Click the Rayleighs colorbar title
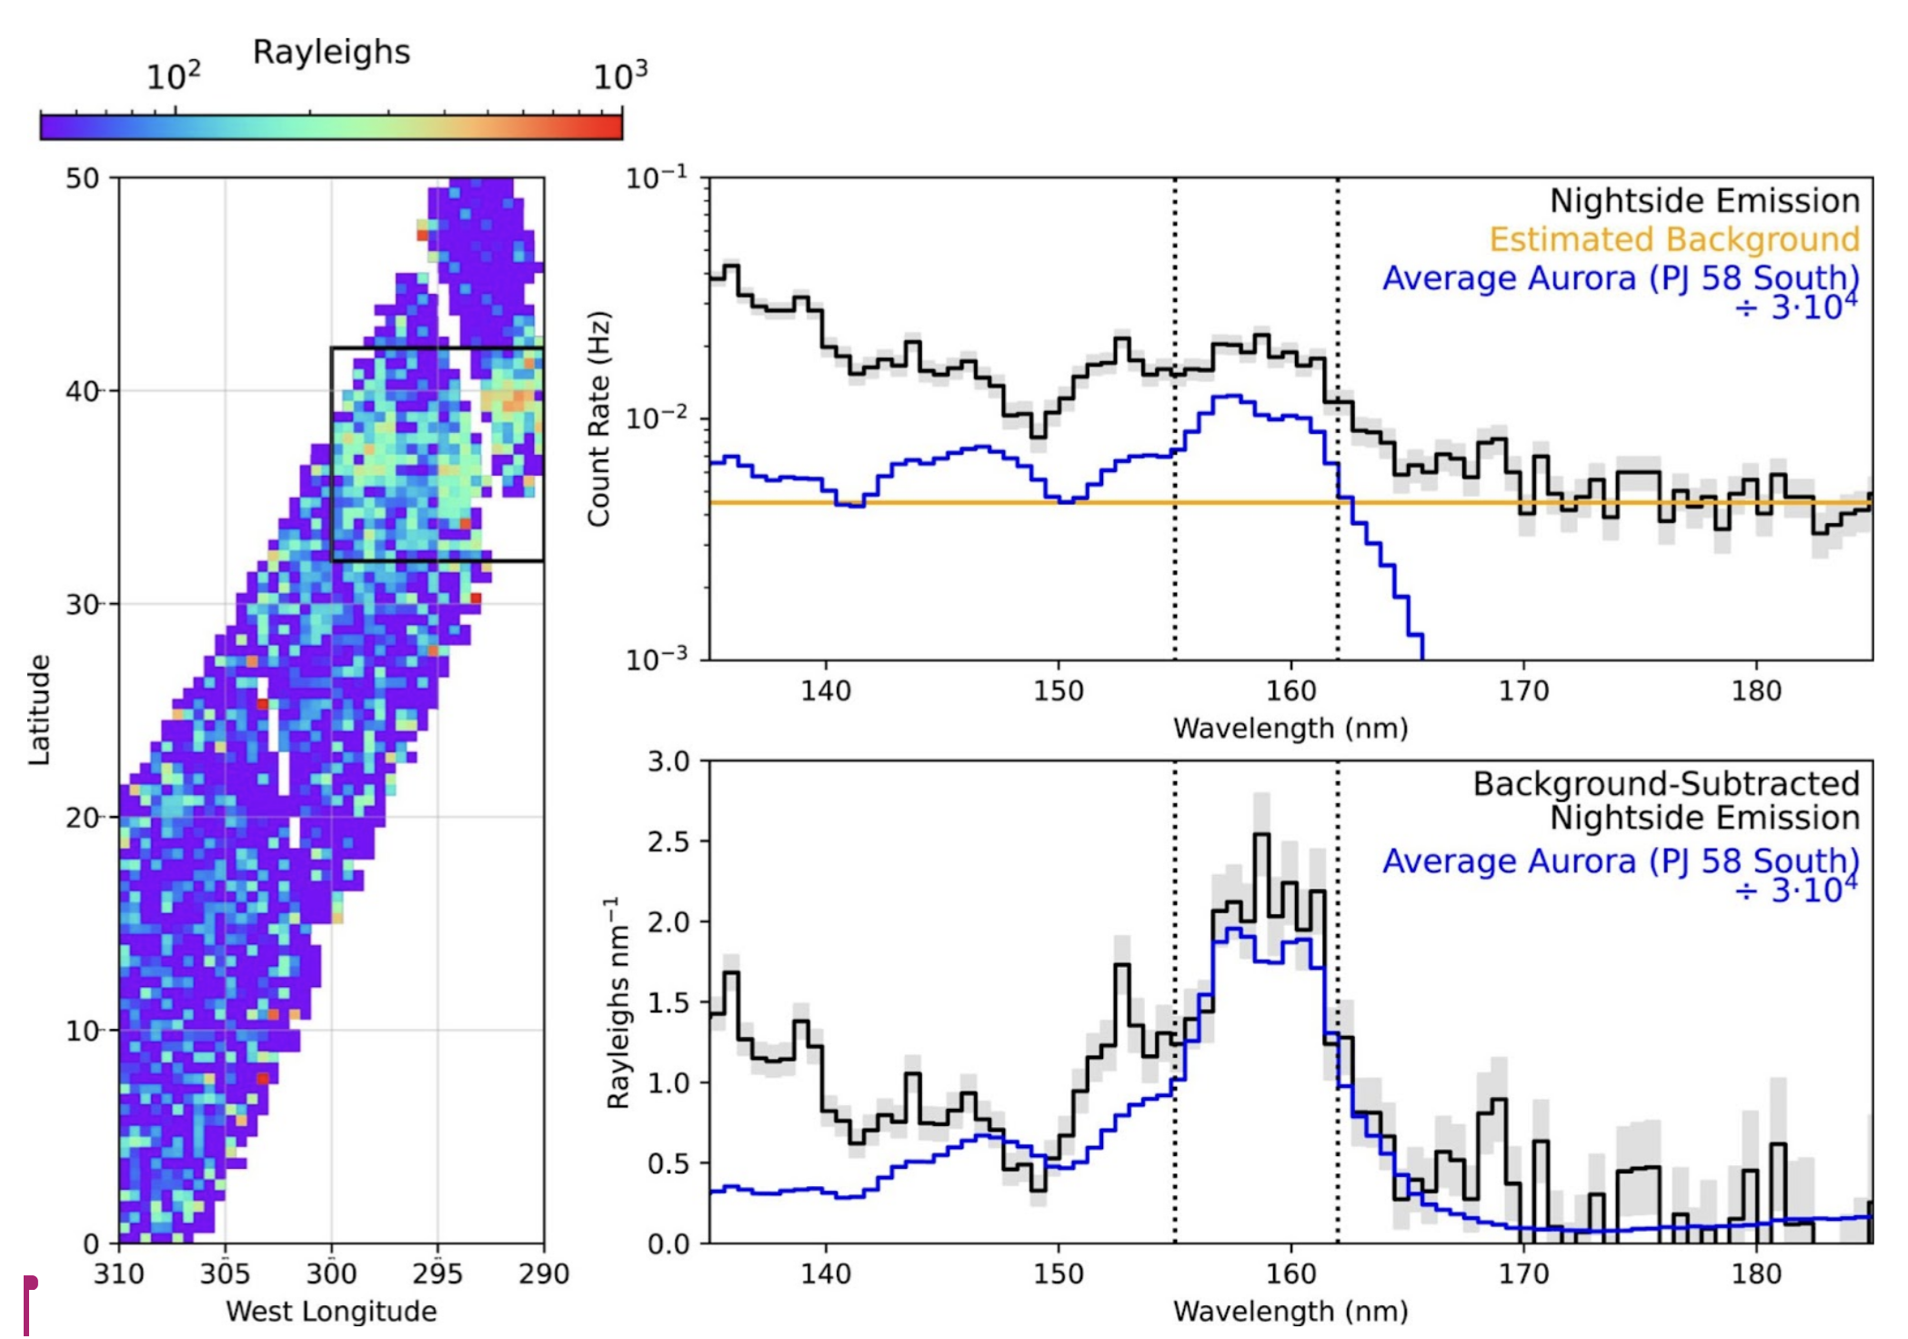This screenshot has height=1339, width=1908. tap(331, 52)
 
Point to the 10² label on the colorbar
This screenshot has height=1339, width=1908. tap(173, 76)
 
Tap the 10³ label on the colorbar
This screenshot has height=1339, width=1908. tap(620, 76)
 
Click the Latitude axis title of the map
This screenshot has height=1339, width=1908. tap(38, 710)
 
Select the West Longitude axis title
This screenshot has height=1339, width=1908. tap(331, 1311)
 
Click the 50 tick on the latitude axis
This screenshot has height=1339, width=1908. tap(82, 178)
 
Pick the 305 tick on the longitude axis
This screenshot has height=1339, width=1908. tap(225, 1273)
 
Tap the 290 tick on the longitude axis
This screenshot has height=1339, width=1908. tap(544, 1273)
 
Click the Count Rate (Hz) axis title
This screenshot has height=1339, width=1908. tap(598, 419)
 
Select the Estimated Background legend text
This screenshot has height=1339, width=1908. tap(1673, 239)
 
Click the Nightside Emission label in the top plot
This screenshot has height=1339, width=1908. tap(1704, 200)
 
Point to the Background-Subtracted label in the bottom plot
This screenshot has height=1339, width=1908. tap(1666, 784)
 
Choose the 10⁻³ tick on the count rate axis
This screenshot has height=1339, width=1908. tap(656, 658)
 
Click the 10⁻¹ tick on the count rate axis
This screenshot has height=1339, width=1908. tap(656, 177)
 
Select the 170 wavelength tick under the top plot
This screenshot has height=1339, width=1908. tap(1523, 690)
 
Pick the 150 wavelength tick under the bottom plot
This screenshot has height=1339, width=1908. tap(1059, 1274)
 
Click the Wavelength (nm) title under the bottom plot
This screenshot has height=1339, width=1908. tap(1290, 1311)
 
